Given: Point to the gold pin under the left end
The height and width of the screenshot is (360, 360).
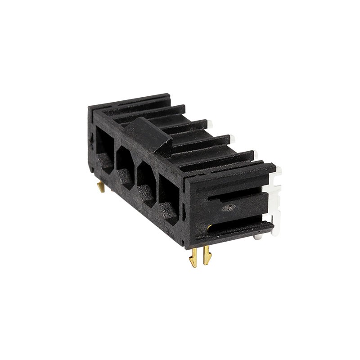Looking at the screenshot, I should [102, 186].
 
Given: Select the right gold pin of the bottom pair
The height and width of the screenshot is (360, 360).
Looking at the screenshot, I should [207, 255].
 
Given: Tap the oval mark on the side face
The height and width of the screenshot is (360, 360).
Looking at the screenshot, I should [229, 207].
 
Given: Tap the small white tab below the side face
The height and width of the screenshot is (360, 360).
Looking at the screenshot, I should [257, 236].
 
